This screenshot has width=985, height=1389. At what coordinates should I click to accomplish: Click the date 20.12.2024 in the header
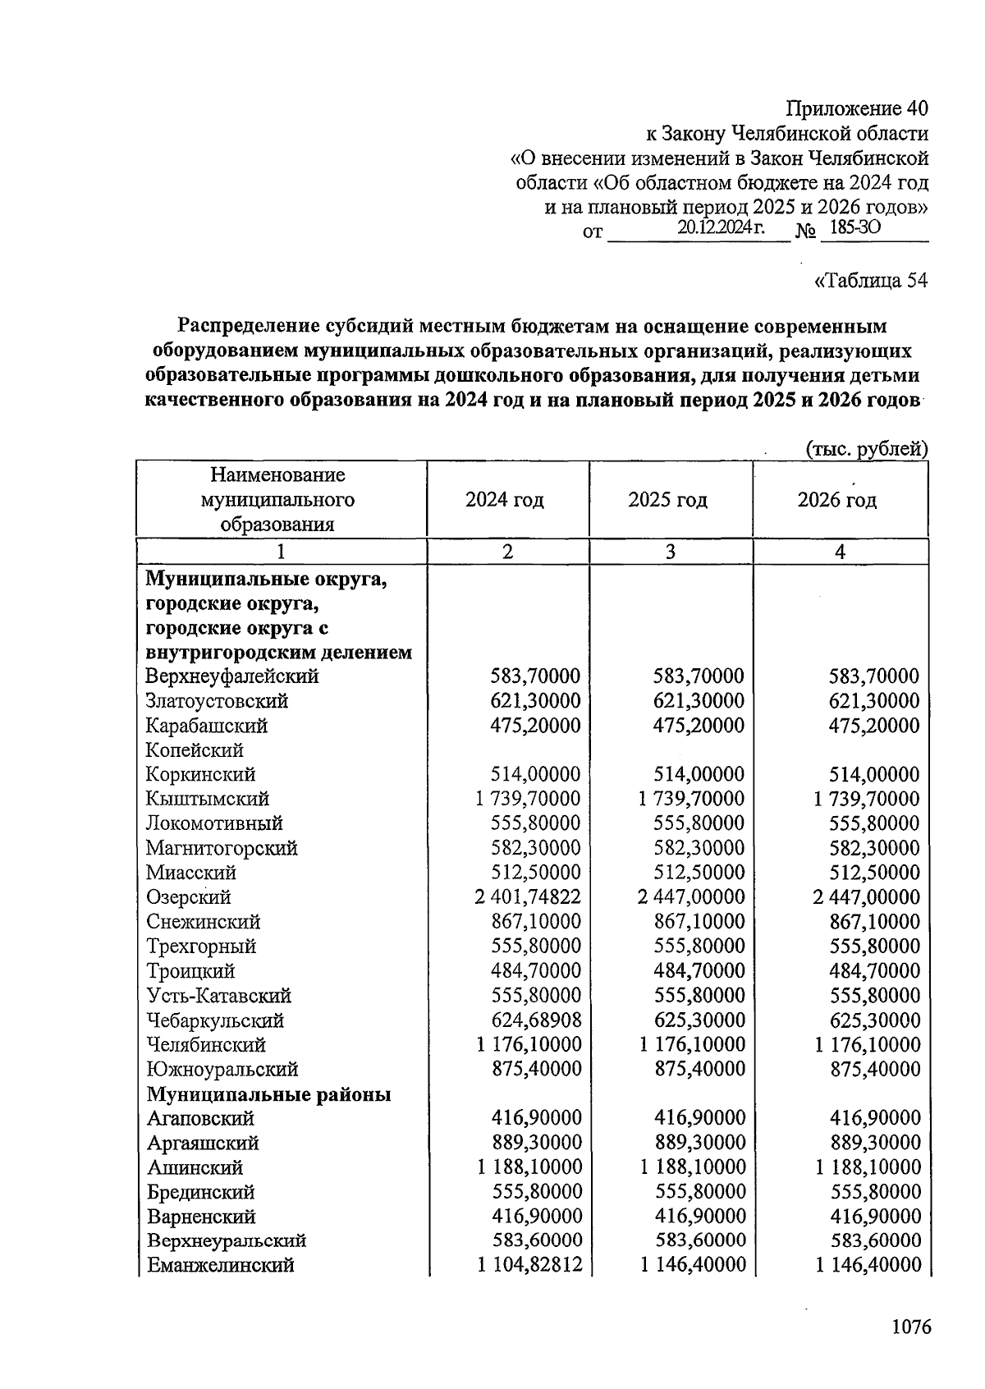[721, 228]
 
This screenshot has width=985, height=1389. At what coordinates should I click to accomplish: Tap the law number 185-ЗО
[854, 228]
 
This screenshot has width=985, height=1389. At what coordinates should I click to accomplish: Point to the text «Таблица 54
[870, 281]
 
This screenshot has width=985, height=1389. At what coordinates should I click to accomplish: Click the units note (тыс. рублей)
[866, 449]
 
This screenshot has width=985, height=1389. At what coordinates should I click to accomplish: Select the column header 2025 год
[668, 500]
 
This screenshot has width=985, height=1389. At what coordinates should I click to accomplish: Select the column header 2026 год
[837, 500]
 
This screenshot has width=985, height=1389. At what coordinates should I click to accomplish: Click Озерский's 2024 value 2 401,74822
[527, 897]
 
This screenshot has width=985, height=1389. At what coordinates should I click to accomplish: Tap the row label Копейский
[195, 750]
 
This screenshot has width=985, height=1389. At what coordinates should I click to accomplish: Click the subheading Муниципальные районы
[268, 1094]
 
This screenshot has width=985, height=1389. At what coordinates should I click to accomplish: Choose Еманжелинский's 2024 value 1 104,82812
[529, 1265]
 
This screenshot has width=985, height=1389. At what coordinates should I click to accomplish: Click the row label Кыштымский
[207, 799]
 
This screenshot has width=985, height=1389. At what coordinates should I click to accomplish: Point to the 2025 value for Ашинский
[693, 1167]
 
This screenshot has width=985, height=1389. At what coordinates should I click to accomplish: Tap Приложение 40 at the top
[857, 108]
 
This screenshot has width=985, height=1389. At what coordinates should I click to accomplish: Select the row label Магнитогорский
[222, 848]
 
